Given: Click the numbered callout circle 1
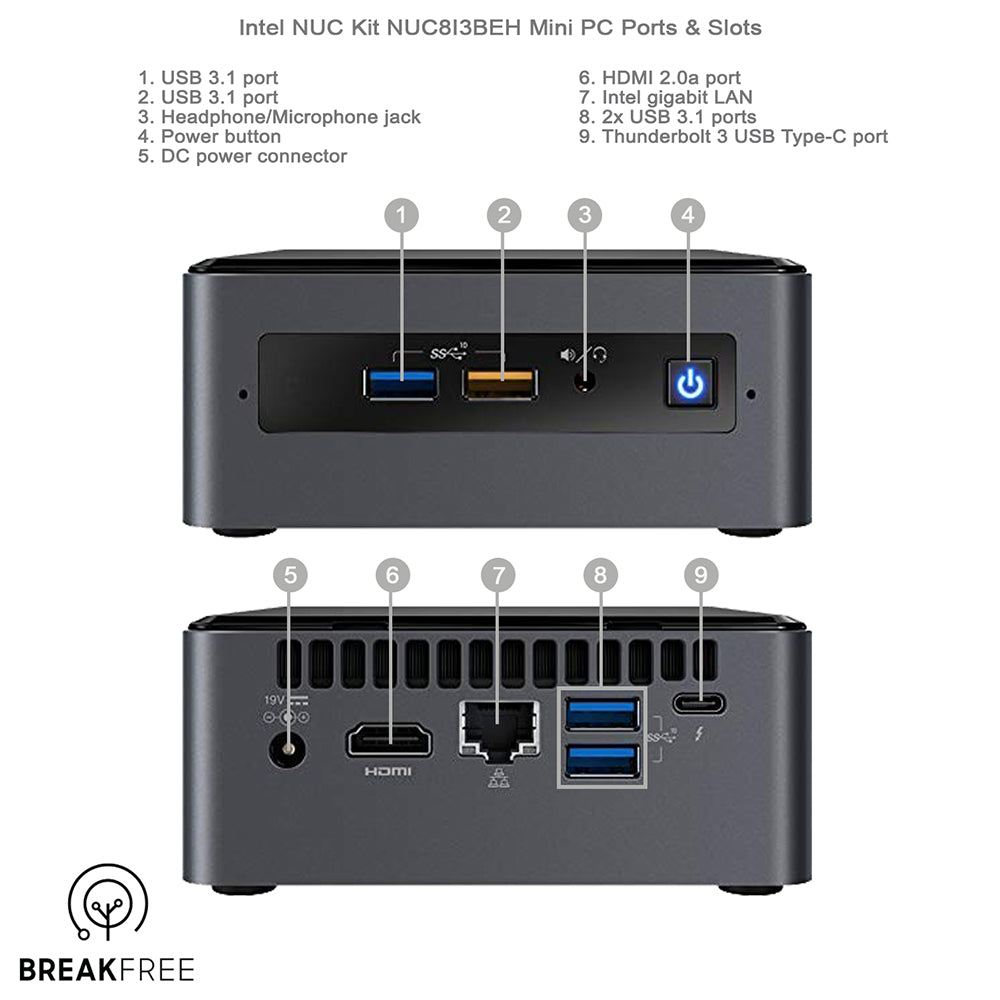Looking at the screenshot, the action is pyautogui.click(x=401, y=215).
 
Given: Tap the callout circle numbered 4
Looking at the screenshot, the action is pyautogui.click(x=688, y=215).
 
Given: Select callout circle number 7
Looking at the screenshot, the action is pyautogui.click(x=498, y=575).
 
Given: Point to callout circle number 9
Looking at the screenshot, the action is pyautogui.click(x=701, y=575).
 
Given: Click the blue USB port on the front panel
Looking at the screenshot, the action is pyautogui.click(x=401, y=383).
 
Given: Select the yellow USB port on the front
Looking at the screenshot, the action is pyautogui.click(x=500, y=384).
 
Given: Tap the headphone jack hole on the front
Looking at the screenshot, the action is pyautogui.click(x=585, y=383).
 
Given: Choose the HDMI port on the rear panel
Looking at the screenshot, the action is pyautogui.click(x=389, y=740).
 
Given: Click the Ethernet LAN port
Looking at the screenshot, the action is pyautogui.click(x=499, y=731).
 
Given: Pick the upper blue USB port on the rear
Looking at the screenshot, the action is pyautogui.click(x=602, y=714).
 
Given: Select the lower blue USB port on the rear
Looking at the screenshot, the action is pyautogui.click(x=602, y=761).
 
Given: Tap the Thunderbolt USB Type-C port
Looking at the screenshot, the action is pyautogui.click(x=698, y=704).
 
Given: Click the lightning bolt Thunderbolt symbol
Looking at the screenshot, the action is pyautogui.click(x=700, y=734).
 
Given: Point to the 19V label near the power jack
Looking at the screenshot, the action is pyautogui.click(x=274, y=700).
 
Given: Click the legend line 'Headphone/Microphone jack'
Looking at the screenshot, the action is pyautogui.click(x=279, y=117).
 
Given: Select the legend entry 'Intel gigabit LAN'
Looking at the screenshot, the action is pyautogui.click(x=666, y=98).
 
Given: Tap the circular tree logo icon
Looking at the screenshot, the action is pyautogui.click(x=108, y=902).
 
